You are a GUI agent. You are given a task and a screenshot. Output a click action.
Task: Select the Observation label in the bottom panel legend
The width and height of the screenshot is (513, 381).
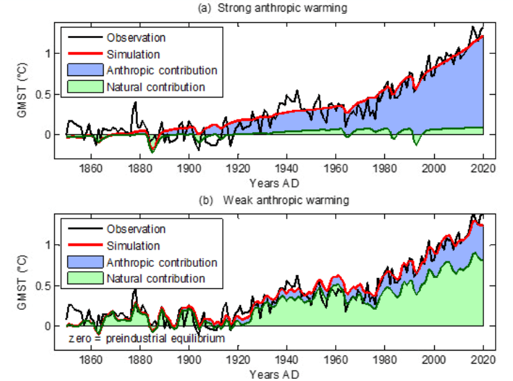point(136,228)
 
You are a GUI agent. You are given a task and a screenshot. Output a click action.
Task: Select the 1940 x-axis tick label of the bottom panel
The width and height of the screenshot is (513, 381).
point(287,360)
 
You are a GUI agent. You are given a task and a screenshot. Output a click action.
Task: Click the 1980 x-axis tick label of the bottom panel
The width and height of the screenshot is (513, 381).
point(385,360)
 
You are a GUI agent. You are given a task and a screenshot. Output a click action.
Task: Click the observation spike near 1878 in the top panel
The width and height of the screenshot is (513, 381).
point(135,103)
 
